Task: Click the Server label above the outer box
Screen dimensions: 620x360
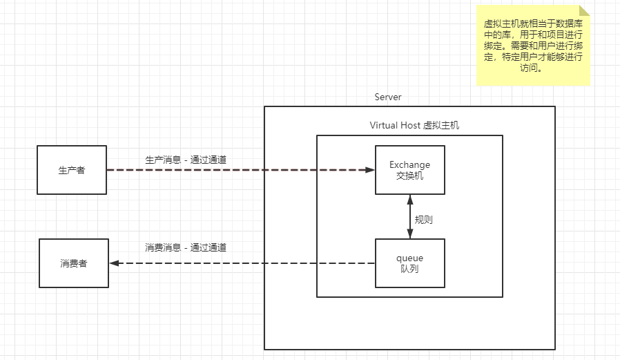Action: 388,97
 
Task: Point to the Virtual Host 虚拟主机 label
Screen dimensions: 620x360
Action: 414,125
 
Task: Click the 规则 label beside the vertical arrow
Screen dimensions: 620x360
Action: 423,220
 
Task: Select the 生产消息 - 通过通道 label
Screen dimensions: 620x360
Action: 186,160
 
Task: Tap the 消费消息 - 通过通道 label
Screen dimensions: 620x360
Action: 186,247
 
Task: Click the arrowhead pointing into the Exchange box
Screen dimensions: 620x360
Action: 369,170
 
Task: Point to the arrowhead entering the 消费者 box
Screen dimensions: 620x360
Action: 115,263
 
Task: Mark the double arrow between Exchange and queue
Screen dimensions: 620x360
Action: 410,217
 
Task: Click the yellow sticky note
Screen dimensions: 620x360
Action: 533,46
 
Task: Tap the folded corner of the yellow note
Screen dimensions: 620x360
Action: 584,10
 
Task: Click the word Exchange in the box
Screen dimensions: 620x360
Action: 409,164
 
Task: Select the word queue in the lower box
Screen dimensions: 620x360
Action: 409,258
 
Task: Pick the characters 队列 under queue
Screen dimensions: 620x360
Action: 409,269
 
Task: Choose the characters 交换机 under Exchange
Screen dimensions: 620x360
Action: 409,176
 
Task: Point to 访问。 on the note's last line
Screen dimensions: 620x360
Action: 531,68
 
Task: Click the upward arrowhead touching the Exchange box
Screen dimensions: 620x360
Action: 410,200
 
